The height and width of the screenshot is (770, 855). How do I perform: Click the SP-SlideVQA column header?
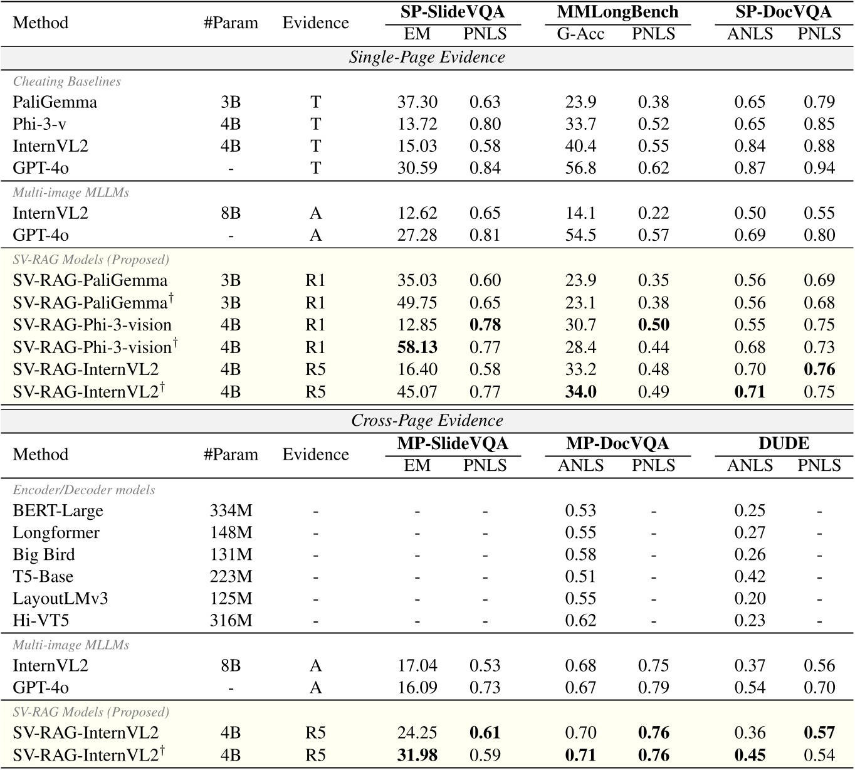[453, 12]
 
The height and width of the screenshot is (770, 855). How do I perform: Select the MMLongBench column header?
[617, 12]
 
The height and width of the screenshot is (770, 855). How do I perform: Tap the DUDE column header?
[784, 443]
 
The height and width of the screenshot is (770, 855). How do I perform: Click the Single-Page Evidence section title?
[427, 57]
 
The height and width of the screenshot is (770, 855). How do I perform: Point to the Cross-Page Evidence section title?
[427, 420]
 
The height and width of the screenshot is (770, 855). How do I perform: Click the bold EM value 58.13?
[417, 347]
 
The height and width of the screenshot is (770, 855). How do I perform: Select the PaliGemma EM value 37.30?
[417, 102]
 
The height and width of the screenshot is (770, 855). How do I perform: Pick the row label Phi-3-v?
[39, 124]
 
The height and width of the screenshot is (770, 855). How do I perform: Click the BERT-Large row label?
[58, 510]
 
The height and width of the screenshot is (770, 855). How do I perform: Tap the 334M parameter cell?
[231, 510]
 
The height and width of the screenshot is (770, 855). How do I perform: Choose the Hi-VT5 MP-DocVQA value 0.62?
[580, 621]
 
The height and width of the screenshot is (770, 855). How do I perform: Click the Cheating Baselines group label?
[67, 82]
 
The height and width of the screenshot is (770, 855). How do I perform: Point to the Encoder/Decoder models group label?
[84, 490]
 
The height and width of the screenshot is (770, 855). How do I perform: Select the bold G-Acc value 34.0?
[580, 392]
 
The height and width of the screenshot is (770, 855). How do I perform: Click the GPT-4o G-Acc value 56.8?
[580, 168]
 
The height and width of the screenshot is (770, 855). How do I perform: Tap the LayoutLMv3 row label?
[60, 599]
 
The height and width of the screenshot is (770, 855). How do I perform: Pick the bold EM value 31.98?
[417, 755]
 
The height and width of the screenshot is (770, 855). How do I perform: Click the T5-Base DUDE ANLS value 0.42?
[750, 577]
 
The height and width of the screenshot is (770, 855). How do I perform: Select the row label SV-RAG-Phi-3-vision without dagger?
[92, 325]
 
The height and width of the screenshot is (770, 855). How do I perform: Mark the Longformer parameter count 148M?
[231, 533]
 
